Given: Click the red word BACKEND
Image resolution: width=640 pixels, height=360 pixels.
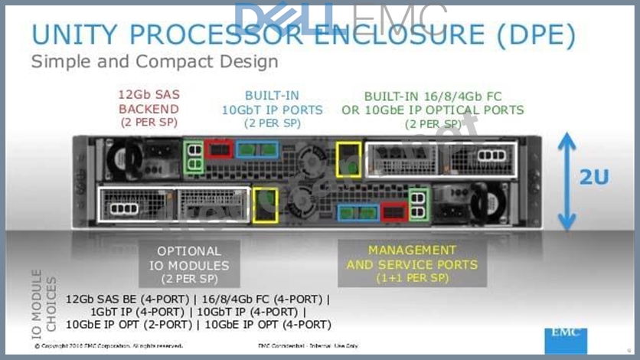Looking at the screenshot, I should pos(149,110).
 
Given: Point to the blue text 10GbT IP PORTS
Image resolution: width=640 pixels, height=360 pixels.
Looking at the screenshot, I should pos(273,110).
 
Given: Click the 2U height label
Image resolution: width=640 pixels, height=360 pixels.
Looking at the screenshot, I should pos(594,177).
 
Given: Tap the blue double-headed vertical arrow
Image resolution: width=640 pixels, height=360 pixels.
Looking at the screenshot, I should pos(567,182).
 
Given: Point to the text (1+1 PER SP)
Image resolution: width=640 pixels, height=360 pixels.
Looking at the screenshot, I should pos(411,278).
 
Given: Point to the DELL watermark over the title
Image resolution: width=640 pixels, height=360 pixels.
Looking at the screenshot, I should pos(283,18).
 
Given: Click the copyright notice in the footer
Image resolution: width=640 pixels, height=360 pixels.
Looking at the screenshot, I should pos(108,346).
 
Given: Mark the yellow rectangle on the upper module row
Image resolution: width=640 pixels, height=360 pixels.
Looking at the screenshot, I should pos(348,155).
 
